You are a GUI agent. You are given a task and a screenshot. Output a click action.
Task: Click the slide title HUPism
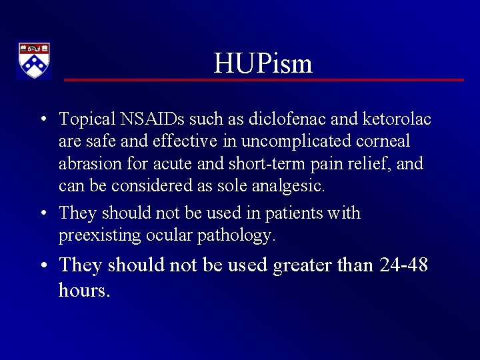coord(263,64)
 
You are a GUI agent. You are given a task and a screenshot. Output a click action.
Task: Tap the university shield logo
coord(33,61)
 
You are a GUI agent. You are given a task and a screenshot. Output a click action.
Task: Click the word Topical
coord(87,119)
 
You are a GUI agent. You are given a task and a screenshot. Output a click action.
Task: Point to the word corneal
coord(383,141)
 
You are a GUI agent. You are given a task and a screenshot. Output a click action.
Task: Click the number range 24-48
coord(403,265)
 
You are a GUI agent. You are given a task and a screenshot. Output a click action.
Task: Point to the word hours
coord(84,290)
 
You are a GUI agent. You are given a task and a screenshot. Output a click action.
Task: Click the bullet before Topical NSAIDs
coord(42,120)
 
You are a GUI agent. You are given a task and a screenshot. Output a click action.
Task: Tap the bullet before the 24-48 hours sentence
coord(42,266)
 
